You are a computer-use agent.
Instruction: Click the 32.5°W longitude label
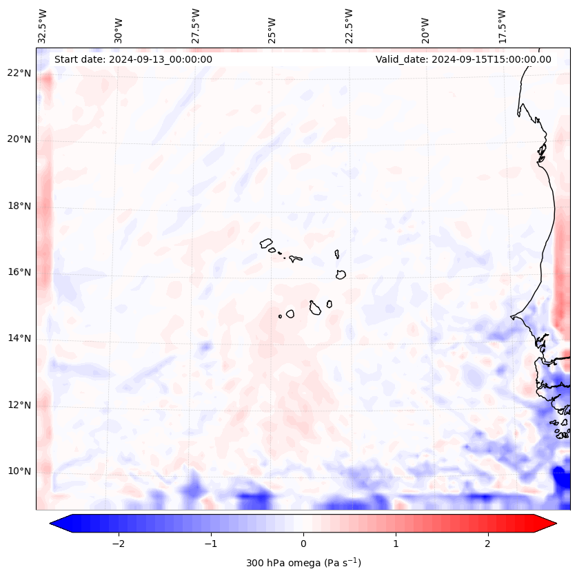click(x=43, y=26)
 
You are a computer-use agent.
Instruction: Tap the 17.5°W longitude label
click(x=502, y=26)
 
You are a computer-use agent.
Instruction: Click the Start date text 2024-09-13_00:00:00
click(x=133, y=59)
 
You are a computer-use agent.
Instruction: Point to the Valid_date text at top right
click(x=463, y=59)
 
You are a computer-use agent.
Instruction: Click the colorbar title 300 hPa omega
click(x=303, y=563)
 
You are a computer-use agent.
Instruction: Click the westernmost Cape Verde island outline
click(x=266, y=242)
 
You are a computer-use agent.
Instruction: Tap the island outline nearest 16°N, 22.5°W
click(x=341, y=274)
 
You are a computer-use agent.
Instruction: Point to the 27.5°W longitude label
click(x=196, y=26)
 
